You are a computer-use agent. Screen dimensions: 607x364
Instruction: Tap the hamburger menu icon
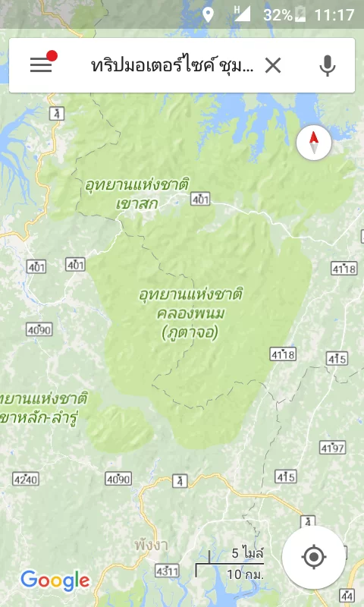tap(41, 64)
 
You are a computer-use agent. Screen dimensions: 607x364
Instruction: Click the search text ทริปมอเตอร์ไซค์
tap(171, 65)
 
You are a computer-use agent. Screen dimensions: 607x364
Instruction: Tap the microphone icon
tap(327, 65)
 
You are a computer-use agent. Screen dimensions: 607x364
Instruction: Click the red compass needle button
tap(314, 142)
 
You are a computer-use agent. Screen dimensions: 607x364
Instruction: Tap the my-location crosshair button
tap(313, 558)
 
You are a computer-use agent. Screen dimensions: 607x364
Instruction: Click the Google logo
tap(55, 581)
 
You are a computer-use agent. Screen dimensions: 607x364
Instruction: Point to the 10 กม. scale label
tap(246, 574)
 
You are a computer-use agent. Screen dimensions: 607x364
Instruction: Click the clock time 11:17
tap(334, 14)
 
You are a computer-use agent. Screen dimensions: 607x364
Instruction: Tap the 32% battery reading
tap(278, 14)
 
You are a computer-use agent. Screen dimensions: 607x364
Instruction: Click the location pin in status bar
tap(208, 14)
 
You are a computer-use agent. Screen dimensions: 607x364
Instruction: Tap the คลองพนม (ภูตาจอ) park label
tap(190, 313)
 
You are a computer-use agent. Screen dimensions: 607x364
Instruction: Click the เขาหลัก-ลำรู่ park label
tap(42, 408)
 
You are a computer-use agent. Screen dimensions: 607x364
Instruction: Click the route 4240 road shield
tap(26, 479)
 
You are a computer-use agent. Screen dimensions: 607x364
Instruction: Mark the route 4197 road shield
tap(331, 447)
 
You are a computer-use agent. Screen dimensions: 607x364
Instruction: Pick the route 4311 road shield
tap(167, 570)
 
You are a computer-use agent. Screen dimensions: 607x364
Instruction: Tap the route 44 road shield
tap(348, 594)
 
